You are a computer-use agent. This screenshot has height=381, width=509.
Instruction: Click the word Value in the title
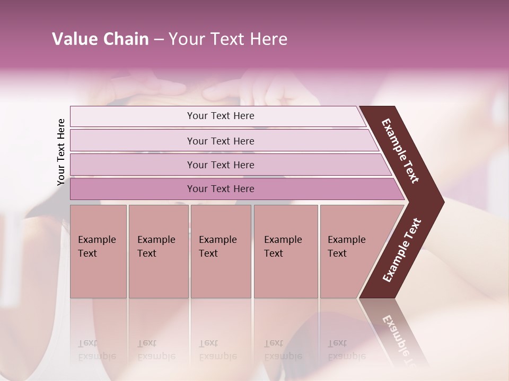pos(74,39)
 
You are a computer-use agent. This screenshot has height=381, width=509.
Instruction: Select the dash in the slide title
pos(159,40)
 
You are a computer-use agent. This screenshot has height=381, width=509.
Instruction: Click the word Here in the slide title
pos(268,39)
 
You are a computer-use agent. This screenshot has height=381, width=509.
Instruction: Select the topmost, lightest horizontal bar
pos(217,116)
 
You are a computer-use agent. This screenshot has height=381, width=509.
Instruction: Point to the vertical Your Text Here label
pos(61,152)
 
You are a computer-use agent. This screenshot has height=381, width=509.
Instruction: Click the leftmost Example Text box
pos(98,251)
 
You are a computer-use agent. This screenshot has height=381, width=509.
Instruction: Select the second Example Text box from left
pos(158,251)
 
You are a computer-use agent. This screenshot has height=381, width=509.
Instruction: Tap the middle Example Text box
pos(221,251)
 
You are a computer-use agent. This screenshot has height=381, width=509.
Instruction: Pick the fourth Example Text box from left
pos(286,251)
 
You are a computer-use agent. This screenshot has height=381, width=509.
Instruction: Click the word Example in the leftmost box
pos(96,240)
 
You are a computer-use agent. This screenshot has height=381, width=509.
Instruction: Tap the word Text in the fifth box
pos(337,253)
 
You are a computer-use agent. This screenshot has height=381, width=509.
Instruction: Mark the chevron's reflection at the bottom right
pos(395,333)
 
